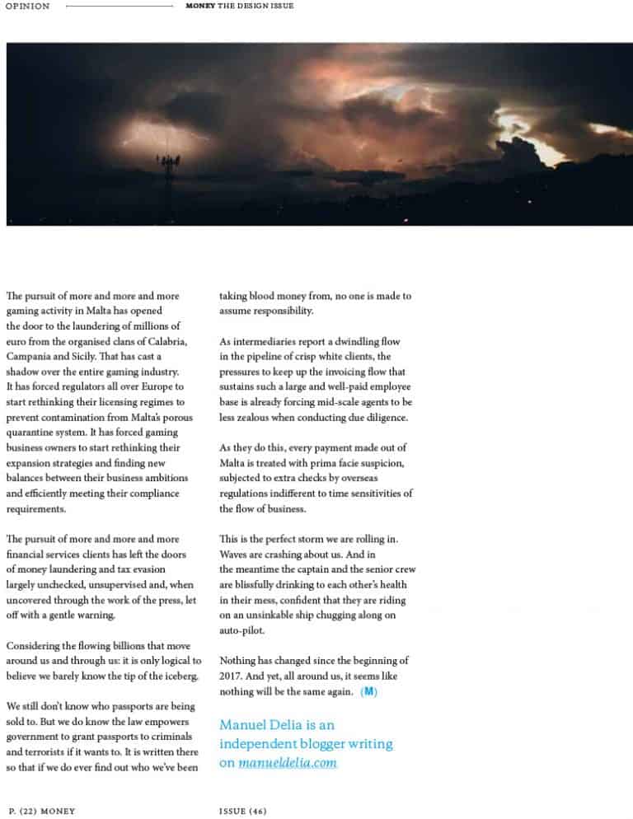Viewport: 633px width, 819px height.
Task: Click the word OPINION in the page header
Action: pyautogui.click(x=27, y=7)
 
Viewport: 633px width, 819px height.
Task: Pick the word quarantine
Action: pyautogui.click(x=33, y=433)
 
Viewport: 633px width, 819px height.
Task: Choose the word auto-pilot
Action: pyautogui.click(x=242, y=631)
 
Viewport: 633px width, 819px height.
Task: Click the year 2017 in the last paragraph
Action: pyautogui.click(x=232, y=676)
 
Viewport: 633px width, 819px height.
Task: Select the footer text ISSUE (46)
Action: pyautogui.click(x=243, y=811)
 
